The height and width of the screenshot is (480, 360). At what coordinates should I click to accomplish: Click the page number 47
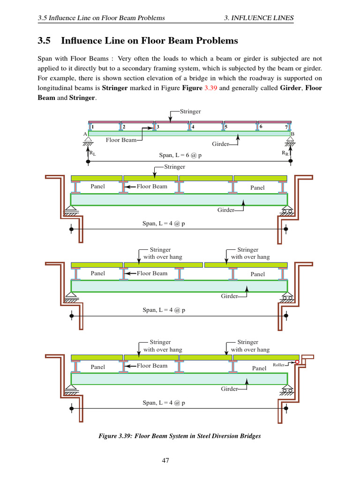(165, 460)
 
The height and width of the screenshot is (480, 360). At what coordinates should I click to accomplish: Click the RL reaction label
(92, 153)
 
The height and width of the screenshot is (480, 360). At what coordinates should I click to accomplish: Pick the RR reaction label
(285, 153)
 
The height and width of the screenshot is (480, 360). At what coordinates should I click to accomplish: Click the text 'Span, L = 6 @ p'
(180, 155)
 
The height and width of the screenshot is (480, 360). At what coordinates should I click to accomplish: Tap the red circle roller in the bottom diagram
(297, 361)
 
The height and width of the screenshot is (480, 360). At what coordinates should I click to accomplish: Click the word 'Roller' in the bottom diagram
(278, 364)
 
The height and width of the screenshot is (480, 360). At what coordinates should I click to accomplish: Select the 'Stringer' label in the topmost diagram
(191, 112)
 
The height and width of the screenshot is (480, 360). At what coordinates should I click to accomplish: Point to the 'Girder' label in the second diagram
(225, 210)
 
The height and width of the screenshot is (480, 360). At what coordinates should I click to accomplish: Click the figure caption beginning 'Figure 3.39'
(180, 436)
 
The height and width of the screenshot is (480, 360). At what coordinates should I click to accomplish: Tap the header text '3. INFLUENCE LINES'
(259, 18)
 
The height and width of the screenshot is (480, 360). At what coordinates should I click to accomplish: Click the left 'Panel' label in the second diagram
(97, 187)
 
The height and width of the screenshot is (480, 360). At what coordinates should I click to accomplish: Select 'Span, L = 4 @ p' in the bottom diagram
(163, 403)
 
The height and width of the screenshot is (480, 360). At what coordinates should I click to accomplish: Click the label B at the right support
(292, 134)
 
